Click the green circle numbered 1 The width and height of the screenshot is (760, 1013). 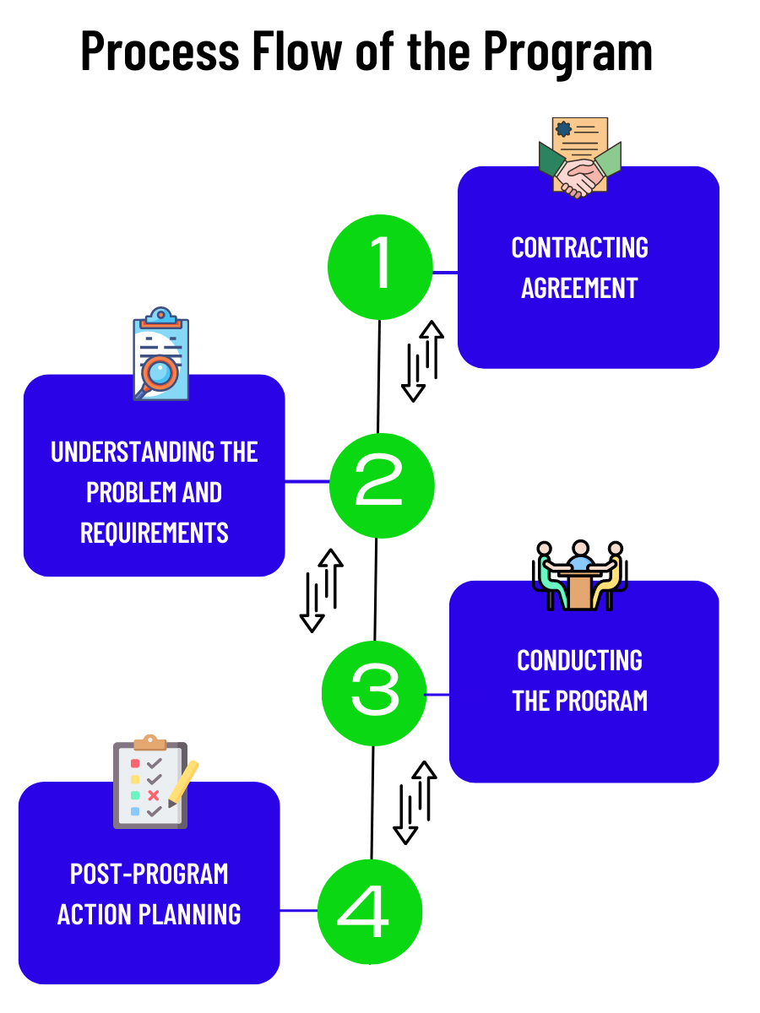click(380, 268)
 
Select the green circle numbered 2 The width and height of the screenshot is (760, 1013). click(382, 485)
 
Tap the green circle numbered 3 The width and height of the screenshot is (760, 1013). click(374, 693)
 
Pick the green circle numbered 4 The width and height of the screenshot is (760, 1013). click(369, 912)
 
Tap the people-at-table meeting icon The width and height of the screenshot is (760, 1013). click(580, 575)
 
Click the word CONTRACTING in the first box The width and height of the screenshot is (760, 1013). click(580, 247)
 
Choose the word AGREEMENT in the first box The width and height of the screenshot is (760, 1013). click(579, 288)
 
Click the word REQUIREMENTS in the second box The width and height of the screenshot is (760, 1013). click(155, 533)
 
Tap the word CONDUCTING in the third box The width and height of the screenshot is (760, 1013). click(580, 660)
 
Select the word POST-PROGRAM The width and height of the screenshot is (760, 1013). click(149, 874)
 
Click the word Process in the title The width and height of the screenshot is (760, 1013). click(155, 51)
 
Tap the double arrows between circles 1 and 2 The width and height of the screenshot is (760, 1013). click(422, 360)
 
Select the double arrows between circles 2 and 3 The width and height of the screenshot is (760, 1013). click(321, 590)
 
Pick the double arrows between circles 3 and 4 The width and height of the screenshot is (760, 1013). click(415, 802)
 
